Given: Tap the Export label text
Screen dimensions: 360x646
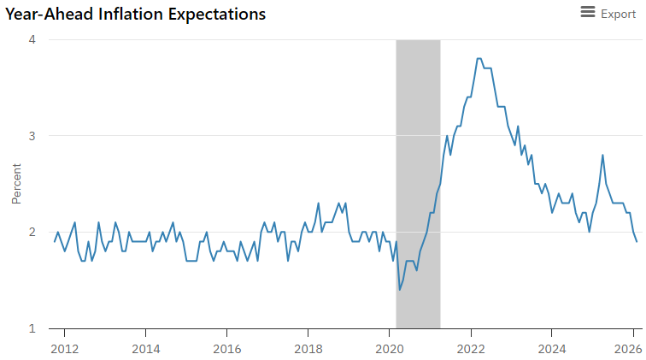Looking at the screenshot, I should (x=618, y=14).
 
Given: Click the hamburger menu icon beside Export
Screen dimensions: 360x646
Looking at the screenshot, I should (x=587, y=12).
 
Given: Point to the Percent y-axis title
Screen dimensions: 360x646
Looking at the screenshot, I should (x=15, y=183).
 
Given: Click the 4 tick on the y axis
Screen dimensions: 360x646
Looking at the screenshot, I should (x=32, y=39).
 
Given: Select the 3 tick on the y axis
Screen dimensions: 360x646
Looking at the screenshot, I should (x=32, y=136).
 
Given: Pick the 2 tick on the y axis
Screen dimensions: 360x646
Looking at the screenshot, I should (x=32, y=232).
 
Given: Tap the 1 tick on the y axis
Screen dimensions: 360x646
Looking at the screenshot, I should (x=32, y=328).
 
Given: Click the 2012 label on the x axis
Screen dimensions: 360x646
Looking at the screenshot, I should (x=65, y=348).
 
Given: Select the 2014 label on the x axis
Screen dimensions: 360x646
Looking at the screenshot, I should (x=146, y=348).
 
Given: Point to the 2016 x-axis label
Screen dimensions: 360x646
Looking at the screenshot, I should (x=227, y=348).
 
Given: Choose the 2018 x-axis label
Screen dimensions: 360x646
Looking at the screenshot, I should (x=308, y=348).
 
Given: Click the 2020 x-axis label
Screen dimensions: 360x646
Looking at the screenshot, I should (x=390, y=348).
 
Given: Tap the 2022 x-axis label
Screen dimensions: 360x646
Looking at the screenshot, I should (x=471, y=348).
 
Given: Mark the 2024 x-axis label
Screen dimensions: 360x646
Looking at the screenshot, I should (x=552, y=348).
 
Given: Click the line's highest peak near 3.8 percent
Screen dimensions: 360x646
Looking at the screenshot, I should (x=479, y=58).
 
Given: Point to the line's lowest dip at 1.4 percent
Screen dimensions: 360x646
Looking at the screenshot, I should (x=399, y=290).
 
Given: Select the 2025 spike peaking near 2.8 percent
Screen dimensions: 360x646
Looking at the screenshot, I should (x=603, y=155).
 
